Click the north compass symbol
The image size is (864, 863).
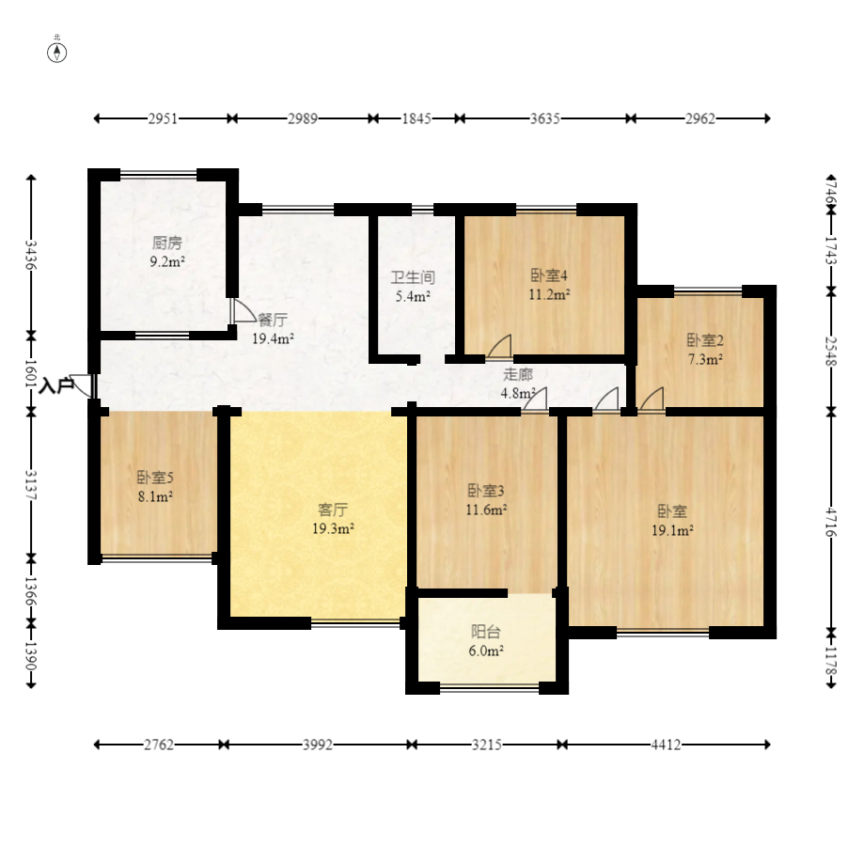[x=56, y=53]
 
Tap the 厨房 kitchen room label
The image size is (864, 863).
[x=167, y=243]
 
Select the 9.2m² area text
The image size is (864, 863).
[x=167, y=261]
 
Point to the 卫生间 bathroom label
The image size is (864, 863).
[x=413, y=277]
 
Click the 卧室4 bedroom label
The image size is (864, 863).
[x=549, y=275]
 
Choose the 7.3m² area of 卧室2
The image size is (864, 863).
[x=705, y=359]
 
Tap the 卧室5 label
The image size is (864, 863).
[x=155, y=478]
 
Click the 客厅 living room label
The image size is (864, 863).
[x=333, y=510]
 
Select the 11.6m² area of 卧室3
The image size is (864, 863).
[x=486, y=510]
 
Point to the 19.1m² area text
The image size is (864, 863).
[x=672, y=530]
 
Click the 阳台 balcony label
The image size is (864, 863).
[x=486, y=632]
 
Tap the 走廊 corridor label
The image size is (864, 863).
[x=518, y=375]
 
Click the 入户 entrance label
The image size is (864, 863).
[x=56, y=385]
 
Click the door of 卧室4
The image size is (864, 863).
[x=500, y=347]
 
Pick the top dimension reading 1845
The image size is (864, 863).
[x=416, y=118]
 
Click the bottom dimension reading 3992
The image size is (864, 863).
[x=318, y=745]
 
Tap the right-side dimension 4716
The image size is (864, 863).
[x=831, y=522]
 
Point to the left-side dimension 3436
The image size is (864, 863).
[x=31, y=255]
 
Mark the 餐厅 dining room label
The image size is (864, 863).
[x=273, y=320]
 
